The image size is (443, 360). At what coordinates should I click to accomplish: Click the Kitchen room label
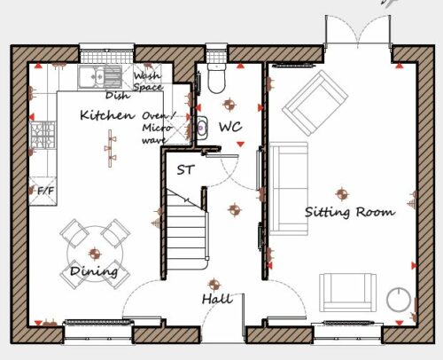(x=107, y=115)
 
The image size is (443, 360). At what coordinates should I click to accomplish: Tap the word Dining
(x=94, y=271)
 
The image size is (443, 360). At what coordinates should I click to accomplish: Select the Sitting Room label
(x=350, y=212)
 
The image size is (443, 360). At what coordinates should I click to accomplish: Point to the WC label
(x=230, y=127)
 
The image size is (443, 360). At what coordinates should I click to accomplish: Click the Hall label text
(x=217, y=299)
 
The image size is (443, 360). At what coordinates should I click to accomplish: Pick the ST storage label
(x=185, y=170)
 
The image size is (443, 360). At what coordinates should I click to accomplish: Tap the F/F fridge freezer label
(x=46, y=191)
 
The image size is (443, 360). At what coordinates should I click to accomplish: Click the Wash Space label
(x=148, y=82)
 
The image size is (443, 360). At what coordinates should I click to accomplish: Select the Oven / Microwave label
(x=158, y=128)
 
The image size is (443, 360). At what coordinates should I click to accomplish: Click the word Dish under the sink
(x=118, y=95)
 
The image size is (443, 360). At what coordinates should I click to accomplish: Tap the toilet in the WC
(x=217, y=78)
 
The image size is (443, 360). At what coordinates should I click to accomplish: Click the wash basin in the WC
(x=202, y=128)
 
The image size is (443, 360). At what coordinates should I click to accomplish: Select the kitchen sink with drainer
(x=100, y=77)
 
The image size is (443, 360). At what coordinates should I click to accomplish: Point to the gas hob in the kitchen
(x=43, y=135)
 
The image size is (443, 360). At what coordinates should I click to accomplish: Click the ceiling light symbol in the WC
(x=229, y=104)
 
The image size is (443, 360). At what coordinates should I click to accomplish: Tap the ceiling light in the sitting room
(x=342, y=194)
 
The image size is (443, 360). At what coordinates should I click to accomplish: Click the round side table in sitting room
(x=399, y=300)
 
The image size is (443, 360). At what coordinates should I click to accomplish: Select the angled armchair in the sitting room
(x=315, y=103)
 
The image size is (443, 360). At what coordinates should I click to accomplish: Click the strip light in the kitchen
(x=111, y=148)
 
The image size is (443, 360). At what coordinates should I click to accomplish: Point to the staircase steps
(x=185, y=233)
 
